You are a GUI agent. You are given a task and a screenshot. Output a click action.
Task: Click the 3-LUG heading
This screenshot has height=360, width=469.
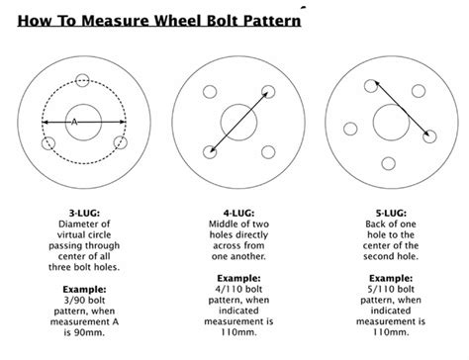click(x=84, y=211)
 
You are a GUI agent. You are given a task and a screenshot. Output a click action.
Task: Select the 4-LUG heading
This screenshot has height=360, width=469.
click(x=236, y=211)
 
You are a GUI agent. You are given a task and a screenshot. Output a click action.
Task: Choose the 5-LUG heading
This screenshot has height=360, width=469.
click(x=388, y=211)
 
